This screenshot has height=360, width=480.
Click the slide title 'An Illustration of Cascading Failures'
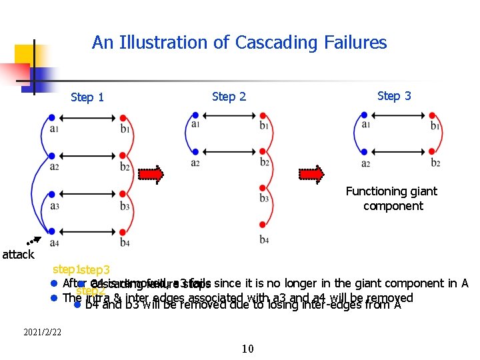tap(239, 43)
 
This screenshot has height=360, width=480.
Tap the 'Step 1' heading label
tap(87, 97)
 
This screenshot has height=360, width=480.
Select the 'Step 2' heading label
tap(229, 97)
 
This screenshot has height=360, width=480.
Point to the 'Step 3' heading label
tap(394, 96)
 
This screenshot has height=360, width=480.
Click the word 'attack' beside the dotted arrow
tap(18, 254)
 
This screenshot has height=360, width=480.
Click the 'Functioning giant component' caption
tap(392, 199)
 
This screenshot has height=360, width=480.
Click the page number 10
tap(248, 347)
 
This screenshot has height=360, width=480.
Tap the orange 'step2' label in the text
tap(91, 291)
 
